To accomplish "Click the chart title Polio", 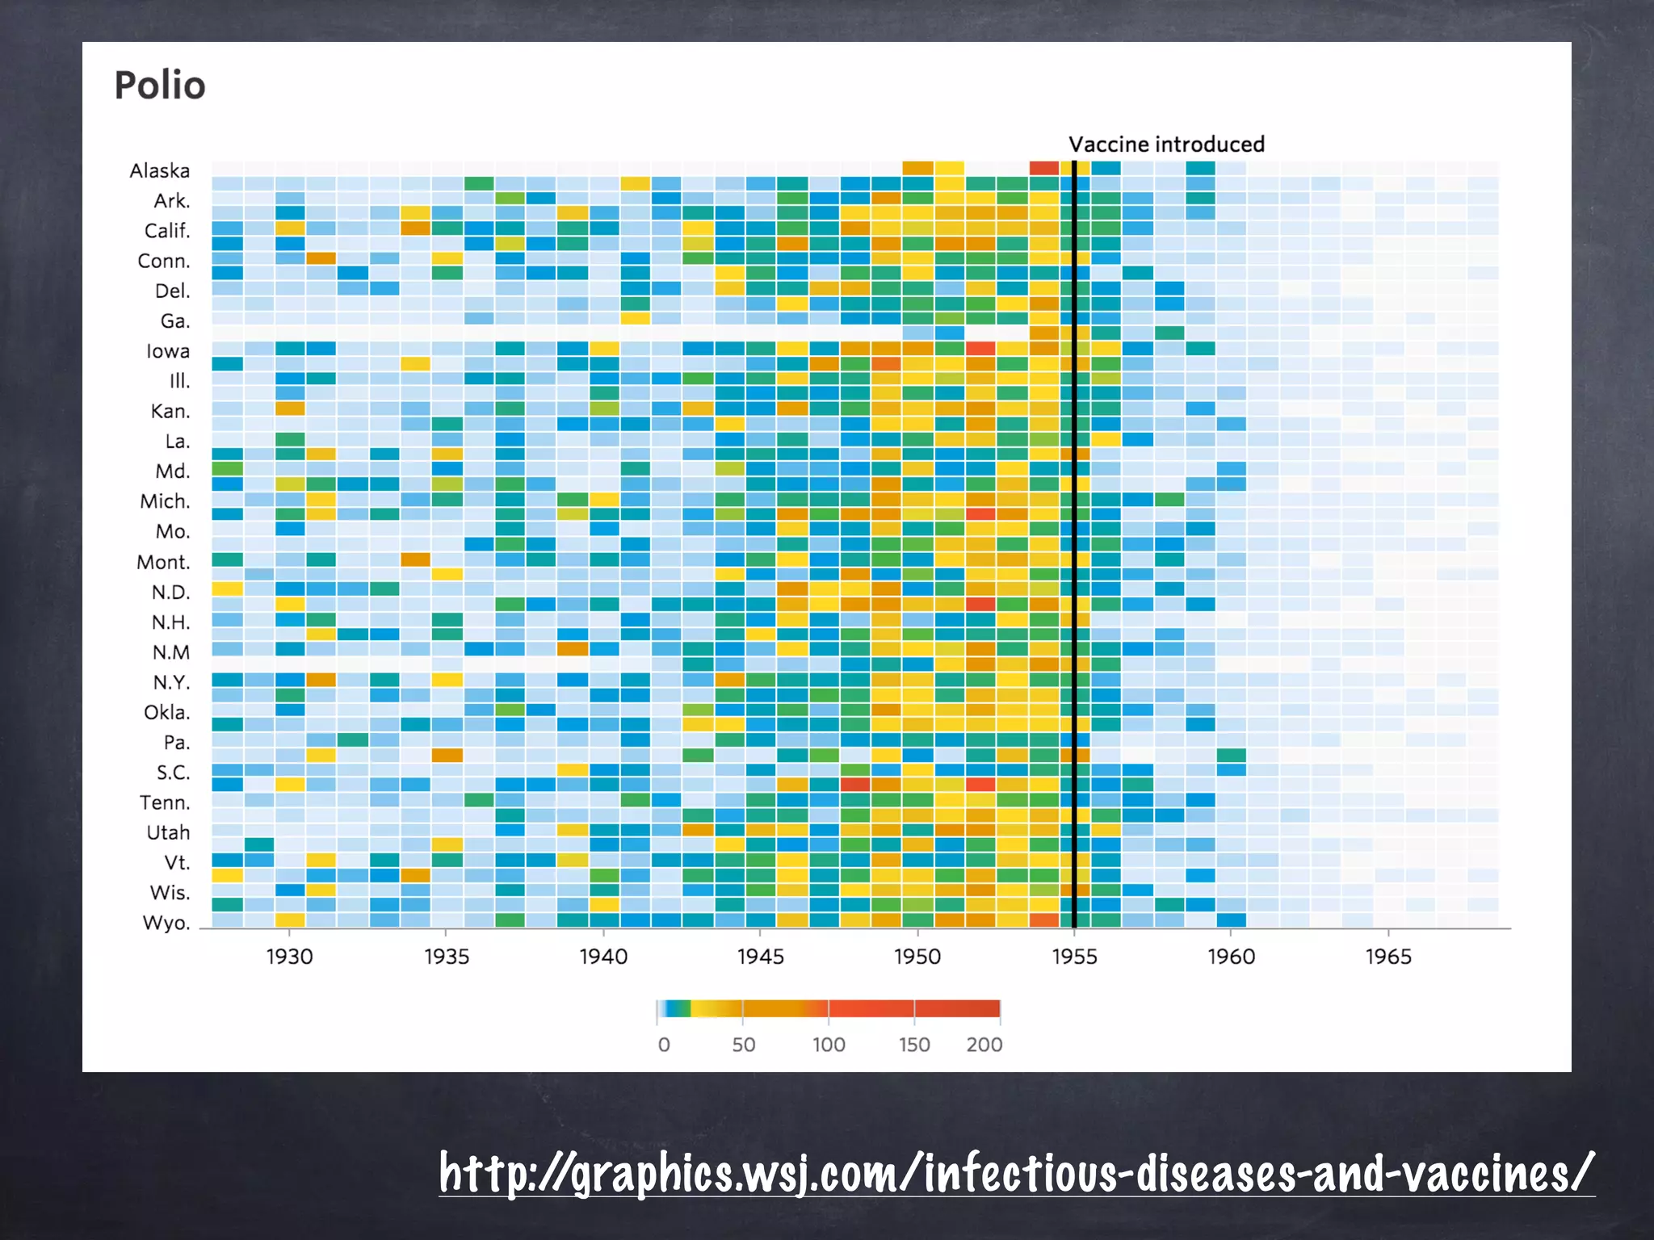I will pyautogui.click(x=160, y=86).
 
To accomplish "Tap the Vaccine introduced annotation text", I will pyautogui.click(x=1166, y=145).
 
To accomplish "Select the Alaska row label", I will pyautogui.click(x=160, y=171).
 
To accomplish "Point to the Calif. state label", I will pyautogui.click(x=167, y=231).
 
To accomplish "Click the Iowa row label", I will pyautogui.click(x=168, y=351).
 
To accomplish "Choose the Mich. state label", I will pyautogui.click(x=166, y=501).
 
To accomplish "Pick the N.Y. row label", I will pyautogui.click(x=172, y=682).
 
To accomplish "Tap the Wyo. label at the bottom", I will pyautogui.click(x=166, y=923).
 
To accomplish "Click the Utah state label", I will pyautogui.click(x=168, y=832).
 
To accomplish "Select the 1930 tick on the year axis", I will pyautogui.click(x=289, y=957).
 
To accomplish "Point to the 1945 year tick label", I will pyautogui.click(x=760, y=957).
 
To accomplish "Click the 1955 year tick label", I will pyautogui.click(x=1074, y=957).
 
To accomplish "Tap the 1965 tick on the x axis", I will pyautogui.click(x=1388, y=957).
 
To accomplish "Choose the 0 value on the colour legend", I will pyautogui.click(x=664, y=1045).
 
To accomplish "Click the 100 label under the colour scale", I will pyautogui.click(x=829, y=1045).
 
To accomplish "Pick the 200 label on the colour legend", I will pyautogui.click(x=984, y=1045).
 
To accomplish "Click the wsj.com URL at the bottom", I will pyautogui.click(x=1017, y=1173).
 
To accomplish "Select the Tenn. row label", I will pyautogui.click(x=165, y=802).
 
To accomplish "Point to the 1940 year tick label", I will pyautogui.click(x=603, y=957).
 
